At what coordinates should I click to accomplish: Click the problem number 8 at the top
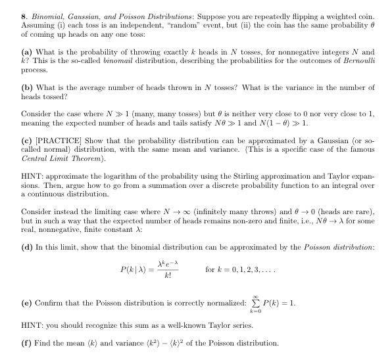click(x=23, y=12)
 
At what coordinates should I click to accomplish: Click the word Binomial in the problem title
click(x=43, y=12)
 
